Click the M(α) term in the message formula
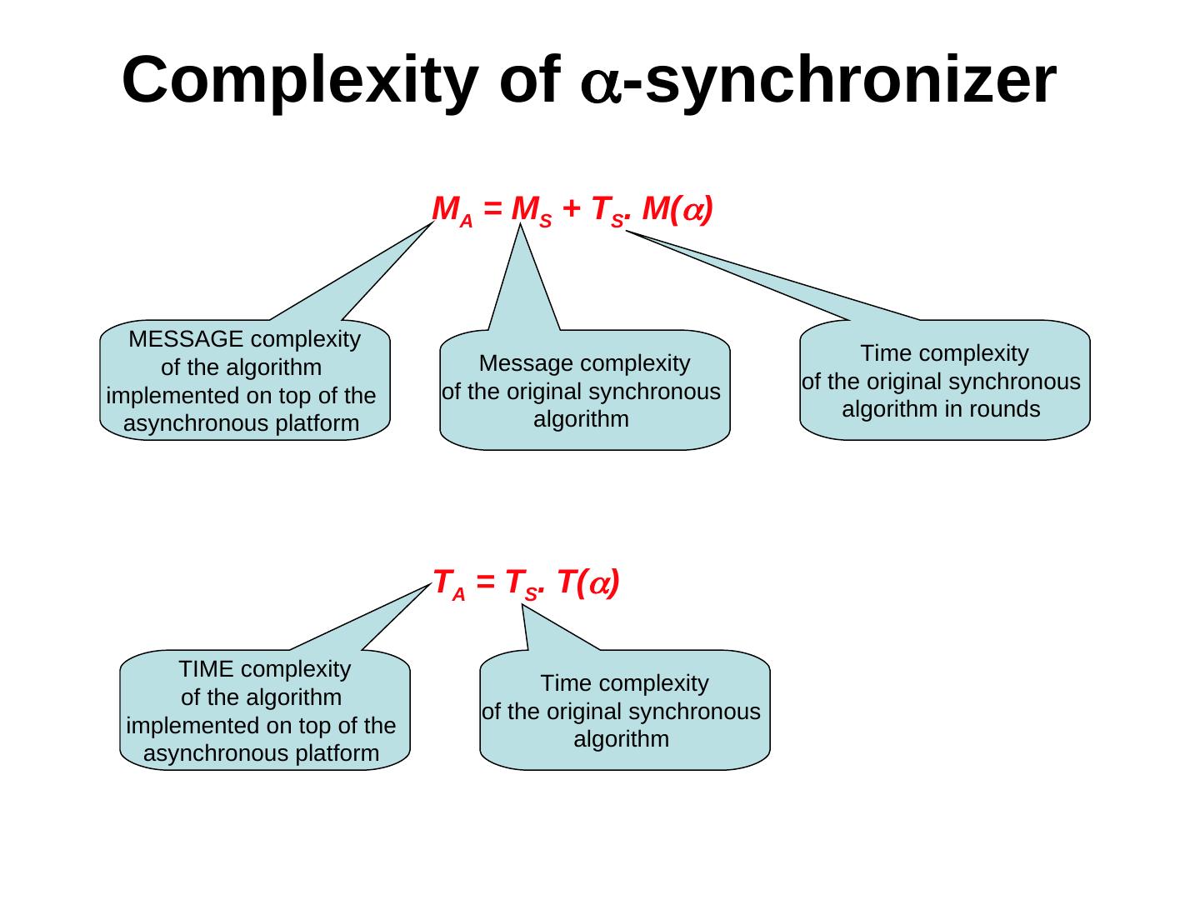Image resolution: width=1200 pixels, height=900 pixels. pos(677,208)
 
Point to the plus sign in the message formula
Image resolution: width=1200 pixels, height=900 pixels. pos(572,208)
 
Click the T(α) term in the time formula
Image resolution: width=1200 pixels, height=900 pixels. pos(588,582)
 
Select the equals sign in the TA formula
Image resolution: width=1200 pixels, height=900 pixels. pos(485,582)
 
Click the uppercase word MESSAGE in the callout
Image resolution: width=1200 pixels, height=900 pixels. pos(186,339)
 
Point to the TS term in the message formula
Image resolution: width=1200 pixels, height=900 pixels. pos(608,212)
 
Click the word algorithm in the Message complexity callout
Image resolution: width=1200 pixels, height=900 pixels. pos(581,420)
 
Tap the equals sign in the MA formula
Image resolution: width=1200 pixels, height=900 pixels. pos(492,208)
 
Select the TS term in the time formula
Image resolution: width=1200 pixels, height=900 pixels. pos(523,585)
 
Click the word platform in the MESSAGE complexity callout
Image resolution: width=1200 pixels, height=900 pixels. pos(317,424)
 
